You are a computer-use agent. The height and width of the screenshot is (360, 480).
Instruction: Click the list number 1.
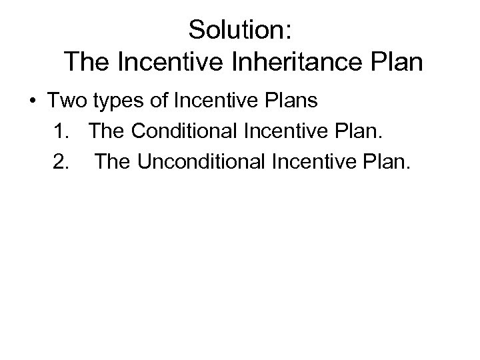click(x=60, y=133)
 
